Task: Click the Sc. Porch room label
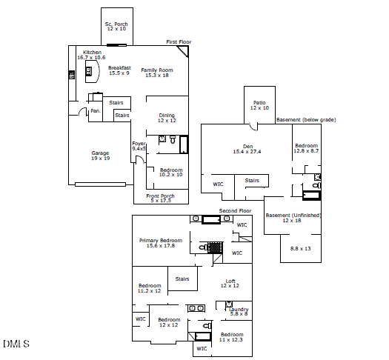116,24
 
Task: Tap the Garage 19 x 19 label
101,156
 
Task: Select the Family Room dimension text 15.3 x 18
157,76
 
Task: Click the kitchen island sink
88,71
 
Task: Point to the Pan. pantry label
96,111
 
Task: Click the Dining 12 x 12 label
167,118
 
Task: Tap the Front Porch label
160,196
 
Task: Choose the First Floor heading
179,42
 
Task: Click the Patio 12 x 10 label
259,105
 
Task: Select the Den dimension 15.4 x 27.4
247,152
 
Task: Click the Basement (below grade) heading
306,120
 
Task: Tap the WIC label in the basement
218,184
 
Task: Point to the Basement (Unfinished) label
293,216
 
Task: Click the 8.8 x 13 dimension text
300,248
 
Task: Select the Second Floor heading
235,211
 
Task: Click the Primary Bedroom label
161,240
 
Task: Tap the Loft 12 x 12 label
230,284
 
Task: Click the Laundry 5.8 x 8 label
239,312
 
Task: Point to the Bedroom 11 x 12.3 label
231,337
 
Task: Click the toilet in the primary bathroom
203,247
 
